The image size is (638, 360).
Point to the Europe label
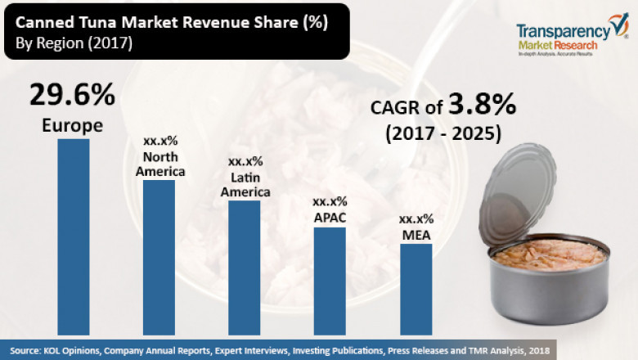click(x=73, y=126)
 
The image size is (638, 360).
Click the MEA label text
click(x=416, y=235)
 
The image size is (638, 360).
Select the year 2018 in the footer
click(x=537, y=350)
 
